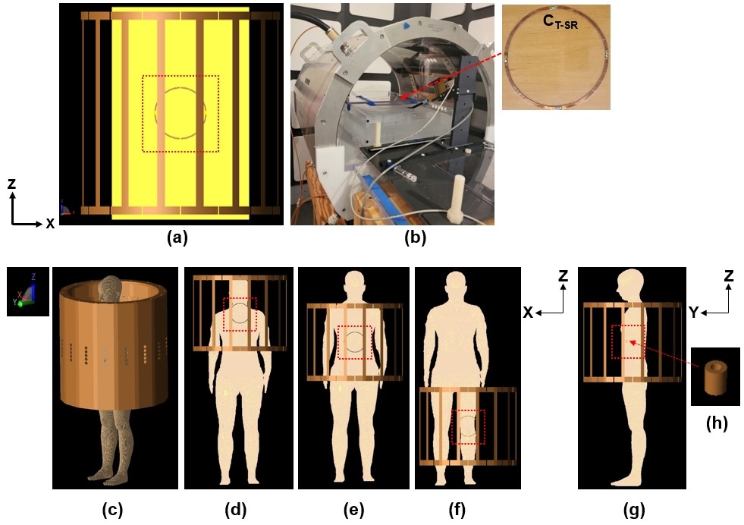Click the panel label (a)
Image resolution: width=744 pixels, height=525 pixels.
[x=177, y=237]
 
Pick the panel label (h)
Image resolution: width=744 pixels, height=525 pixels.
[x=715, y=423]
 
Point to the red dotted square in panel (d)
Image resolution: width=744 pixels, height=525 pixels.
[x=240, y=314]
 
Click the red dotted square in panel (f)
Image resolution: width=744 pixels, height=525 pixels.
[x=468, y=428]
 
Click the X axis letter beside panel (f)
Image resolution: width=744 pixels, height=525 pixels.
[x=529, y=312]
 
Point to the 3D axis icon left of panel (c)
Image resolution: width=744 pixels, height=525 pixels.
[x=27, y=291]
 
